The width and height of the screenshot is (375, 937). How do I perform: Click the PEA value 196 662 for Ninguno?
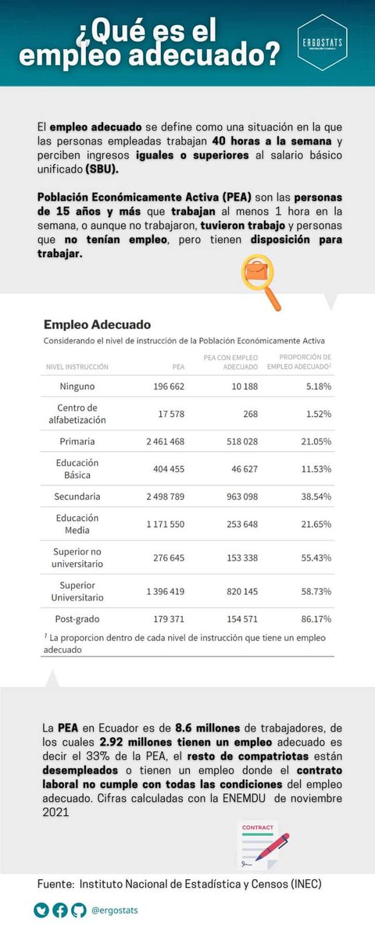point(166,386)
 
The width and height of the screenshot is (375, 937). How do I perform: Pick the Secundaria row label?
point(77,496)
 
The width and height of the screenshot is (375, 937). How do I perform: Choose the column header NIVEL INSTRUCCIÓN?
point(77,366)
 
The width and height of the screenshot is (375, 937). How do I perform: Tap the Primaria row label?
point(77,441)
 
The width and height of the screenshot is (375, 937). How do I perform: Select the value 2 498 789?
point(165,496)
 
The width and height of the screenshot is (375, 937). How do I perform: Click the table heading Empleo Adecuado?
point(97,324)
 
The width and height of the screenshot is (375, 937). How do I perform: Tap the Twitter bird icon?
point(41,910)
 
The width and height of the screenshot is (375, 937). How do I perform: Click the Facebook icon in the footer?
point(60,910)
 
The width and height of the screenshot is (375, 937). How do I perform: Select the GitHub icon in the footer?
point(78,910)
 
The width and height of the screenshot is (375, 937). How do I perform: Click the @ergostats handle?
point(115,910)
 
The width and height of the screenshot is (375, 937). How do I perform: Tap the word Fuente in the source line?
point(55,884)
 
